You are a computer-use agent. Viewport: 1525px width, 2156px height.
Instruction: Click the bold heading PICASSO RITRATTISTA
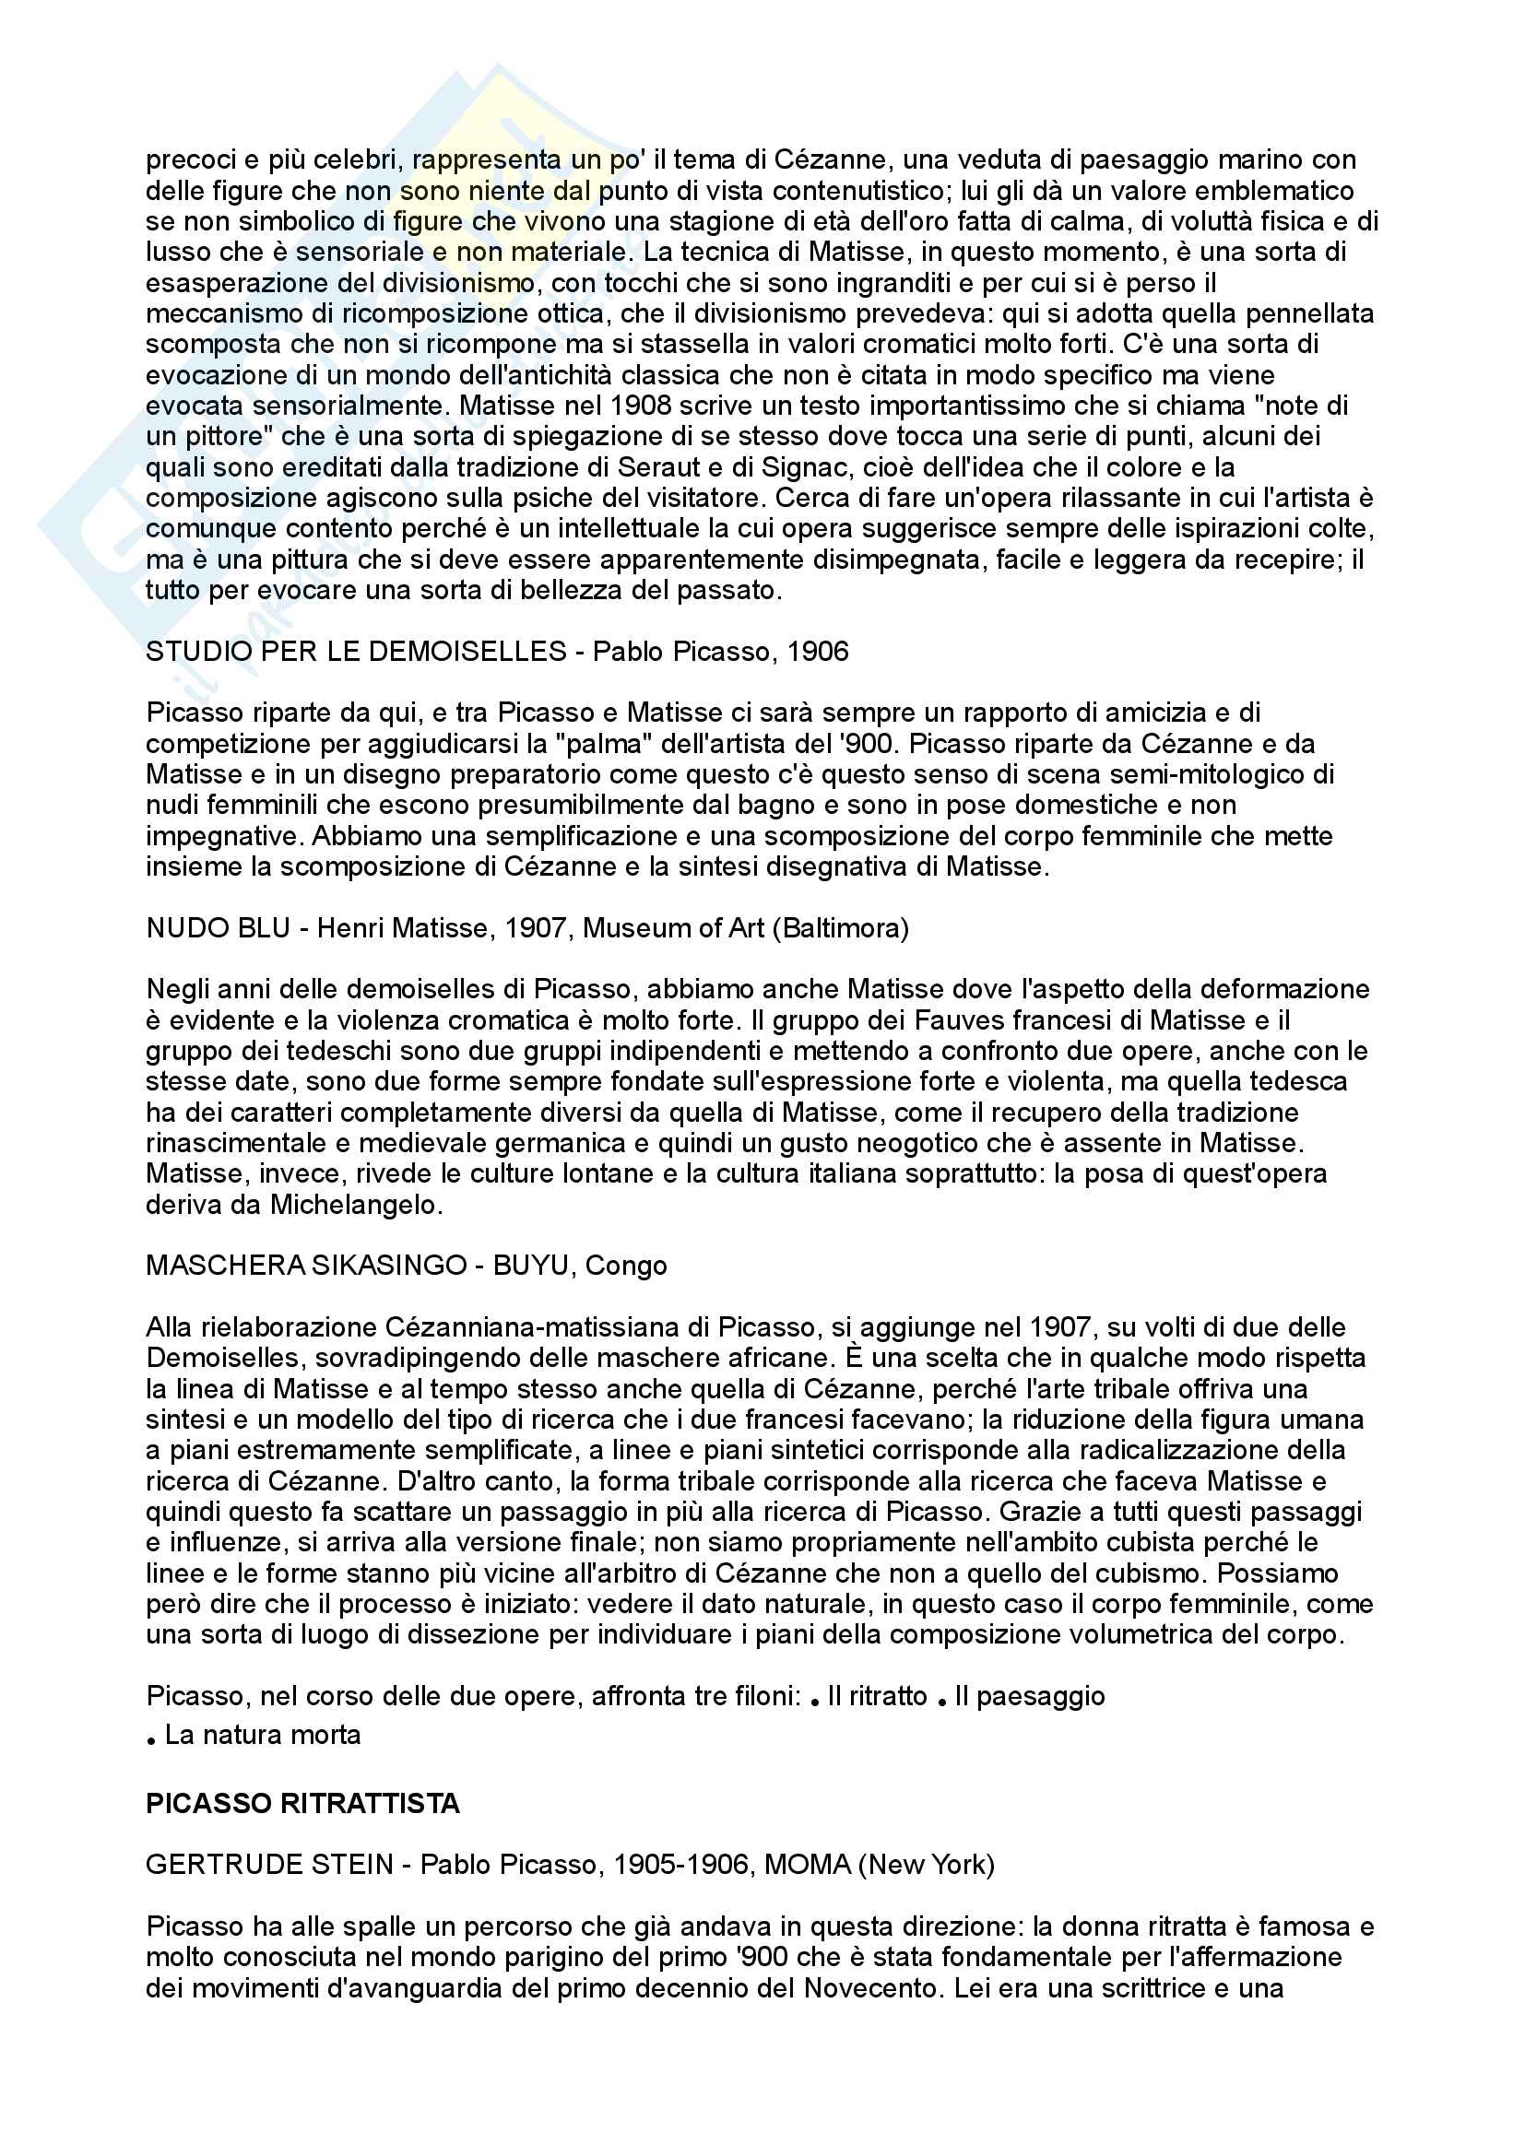point(302,1803)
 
